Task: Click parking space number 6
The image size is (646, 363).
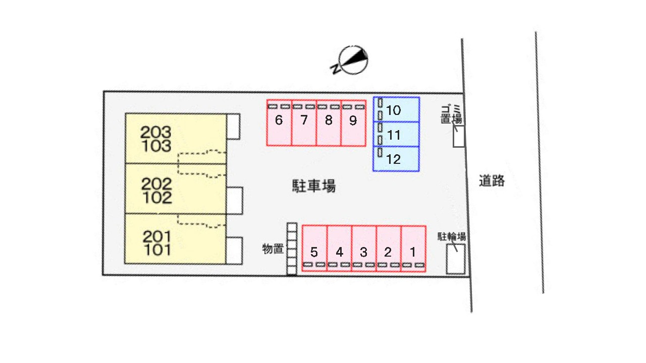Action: [279, 123]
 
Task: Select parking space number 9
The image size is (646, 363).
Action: [354, 123]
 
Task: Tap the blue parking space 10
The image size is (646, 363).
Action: [396, 109]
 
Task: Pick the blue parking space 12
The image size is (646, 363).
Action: [396, 159]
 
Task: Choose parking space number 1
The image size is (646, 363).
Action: [413, 249]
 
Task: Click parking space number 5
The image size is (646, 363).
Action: [314, 249]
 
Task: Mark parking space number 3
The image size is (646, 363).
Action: [364, 249]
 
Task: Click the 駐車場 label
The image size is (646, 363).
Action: [314, 186]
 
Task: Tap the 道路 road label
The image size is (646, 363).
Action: [492, 181]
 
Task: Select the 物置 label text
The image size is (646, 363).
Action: [273, 249]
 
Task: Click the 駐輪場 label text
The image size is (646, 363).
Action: [452, 236]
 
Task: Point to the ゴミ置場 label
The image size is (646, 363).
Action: [452, 114]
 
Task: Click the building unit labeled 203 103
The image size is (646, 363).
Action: [176, 139]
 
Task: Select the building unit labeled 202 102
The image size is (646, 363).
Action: [176, 189]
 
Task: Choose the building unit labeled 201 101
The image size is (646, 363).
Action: [175, 239]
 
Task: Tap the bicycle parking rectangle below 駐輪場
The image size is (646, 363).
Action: [456, 259]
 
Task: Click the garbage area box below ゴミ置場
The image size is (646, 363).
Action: [459, 136]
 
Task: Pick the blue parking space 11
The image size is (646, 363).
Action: [396, 134]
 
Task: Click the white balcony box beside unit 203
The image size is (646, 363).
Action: [233, 127]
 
